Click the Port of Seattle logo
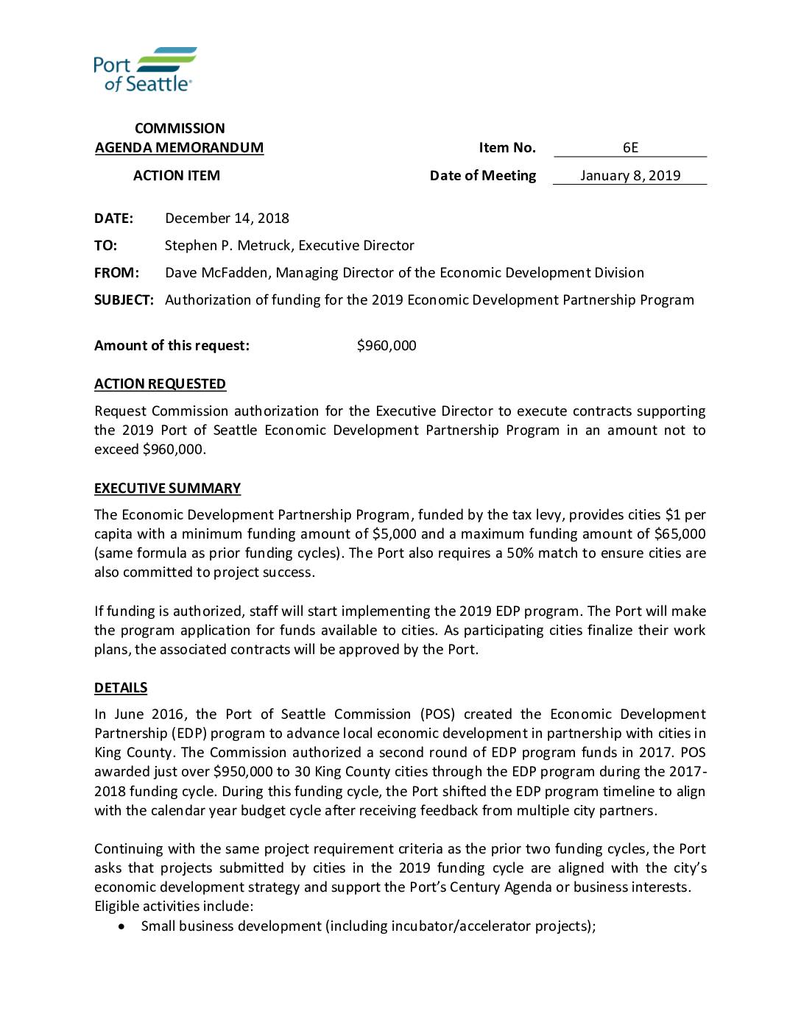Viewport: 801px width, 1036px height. click(x=145, y=69)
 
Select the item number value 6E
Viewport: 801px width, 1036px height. click(x=630, y=147)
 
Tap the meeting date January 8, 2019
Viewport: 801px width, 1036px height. click(x=630, y=175)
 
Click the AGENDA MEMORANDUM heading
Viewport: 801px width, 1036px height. click(x=179, y=147)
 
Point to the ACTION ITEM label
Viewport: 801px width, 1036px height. click(x=177, y=175)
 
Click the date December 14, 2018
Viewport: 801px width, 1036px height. click(x=227, y=218)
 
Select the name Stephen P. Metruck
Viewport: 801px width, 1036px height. click(x=227, y=245)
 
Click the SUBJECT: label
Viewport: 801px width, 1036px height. click(x=124, y=299)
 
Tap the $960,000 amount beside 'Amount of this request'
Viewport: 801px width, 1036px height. click(x=387, y=345)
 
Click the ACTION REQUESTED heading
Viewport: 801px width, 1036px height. click(x=160, y=383)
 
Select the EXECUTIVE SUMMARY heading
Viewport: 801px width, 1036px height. click(x=167, y=488)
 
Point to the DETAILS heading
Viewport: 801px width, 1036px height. click(x=121, y=687)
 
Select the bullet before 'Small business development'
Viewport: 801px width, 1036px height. click(x=121, y=926)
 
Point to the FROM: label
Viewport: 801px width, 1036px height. click(x=116, y=272)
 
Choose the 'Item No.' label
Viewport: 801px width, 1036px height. click(x=507, y=147)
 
